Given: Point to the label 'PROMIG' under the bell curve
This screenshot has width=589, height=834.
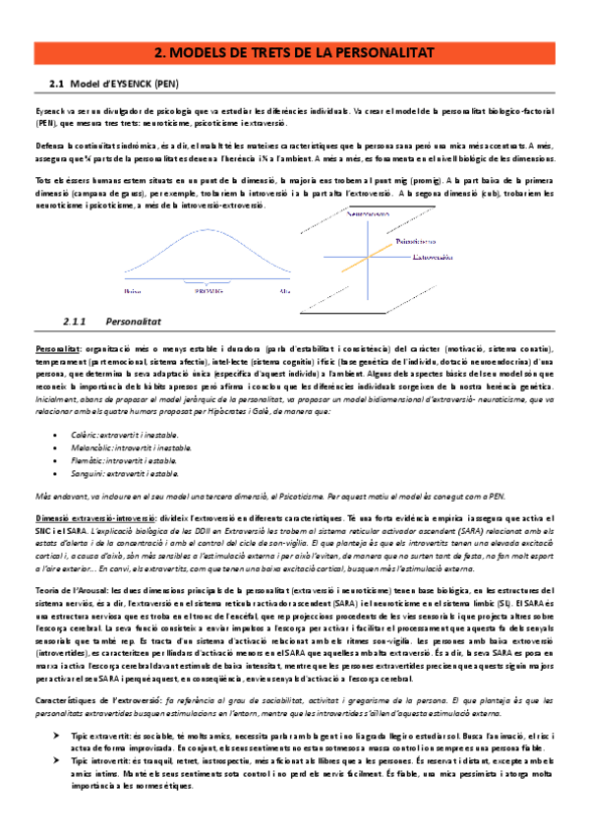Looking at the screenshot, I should (209, 291).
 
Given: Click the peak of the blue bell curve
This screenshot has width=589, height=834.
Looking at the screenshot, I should (208, 230).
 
